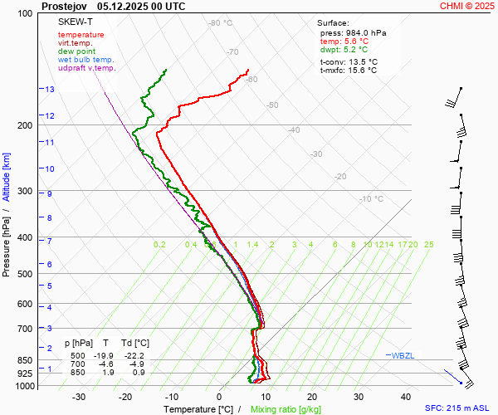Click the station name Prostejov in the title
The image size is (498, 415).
(65, 6)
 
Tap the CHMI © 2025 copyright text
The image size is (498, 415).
(466, 6)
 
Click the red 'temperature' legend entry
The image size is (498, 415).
(81, 35)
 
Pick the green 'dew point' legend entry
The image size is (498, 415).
(77, 51)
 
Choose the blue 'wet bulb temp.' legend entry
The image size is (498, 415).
(85, 60)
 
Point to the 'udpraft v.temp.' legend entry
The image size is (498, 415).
(87, 68)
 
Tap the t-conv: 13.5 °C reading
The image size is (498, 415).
(349, 61)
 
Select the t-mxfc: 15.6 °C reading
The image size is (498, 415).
(349, 71)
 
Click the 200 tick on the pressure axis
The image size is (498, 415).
(25, 126)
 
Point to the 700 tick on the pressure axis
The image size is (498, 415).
(25, 330)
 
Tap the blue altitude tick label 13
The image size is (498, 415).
(50, 90)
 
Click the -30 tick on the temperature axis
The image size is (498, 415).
(79, 397)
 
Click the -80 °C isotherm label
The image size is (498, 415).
(220, 23)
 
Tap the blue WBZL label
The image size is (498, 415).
(403, 355)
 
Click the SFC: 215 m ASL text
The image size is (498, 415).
(457, 408)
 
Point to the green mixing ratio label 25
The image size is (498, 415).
(428, 245)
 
